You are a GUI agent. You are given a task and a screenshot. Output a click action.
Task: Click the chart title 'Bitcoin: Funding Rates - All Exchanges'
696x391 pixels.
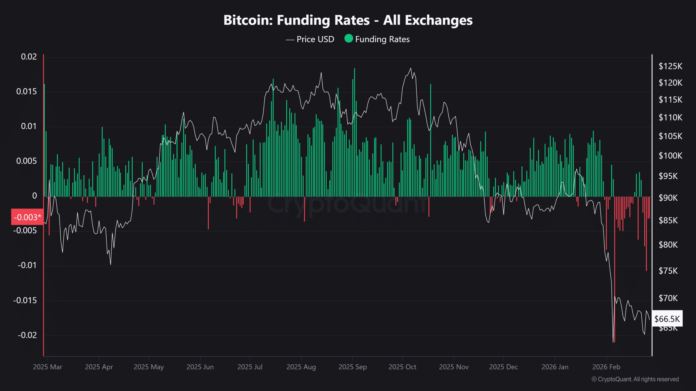pyautogui.click(x=348, y=20)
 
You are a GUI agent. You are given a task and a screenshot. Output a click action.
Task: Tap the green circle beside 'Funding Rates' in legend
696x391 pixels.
pyautogui.click(x=349, y=39)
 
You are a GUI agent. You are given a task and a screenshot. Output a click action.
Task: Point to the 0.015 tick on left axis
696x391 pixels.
pyautogui.click(x=26, y=92)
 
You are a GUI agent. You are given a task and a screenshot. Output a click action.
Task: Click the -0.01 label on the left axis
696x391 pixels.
pyautogui.click(x=27, y=265)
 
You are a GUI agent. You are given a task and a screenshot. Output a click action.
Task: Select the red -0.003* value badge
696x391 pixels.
pyautogui.click(x=27, y=217)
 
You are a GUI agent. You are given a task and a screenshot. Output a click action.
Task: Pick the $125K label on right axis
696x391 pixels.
pyautogui.click(x=670, y=66)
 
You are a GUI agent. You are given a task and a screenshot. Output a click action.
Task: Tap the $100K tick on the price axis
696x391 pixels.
pyautogui.click(x=670, y=156)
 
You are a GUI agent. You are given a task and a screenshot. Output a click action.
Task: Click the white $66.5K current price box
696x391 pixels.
pyautogui.click(x=667, y=319)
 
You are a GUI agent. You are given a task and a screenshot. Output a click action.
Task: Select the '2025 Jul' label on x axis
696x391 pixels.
pyautogui.click(x=250, y=367)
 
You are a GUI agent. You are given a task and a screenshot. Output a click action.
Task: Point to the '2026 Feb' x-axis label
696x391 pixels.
pyautogui.click(x=606, y=367)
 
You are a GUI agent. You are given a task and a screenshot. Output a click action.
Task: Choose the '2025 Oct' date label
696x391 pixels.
pyautogui.click(x=402, y=367)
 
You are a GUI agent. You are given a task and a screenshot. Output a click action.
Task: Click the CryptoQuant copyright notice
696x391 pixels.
pyautogui.click(x=635, y=379)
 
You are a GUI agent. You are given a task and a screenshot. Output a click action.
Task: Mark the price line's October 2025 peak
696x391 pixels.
pyautogui.click(x=411, y=68)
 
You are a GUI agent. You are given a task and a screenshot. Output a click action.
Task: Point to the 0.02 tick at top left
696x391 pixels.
pyautogui.click(x=29, y=57)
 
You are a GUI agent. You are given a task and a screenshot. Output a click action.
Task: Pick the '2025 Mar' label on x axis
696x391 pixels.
pyautogui.click(x=48, y=367)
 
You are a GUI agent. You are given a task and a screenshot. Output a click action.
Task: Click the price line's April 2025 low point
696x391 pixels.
pyautogui.click(x=110, y=264)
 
